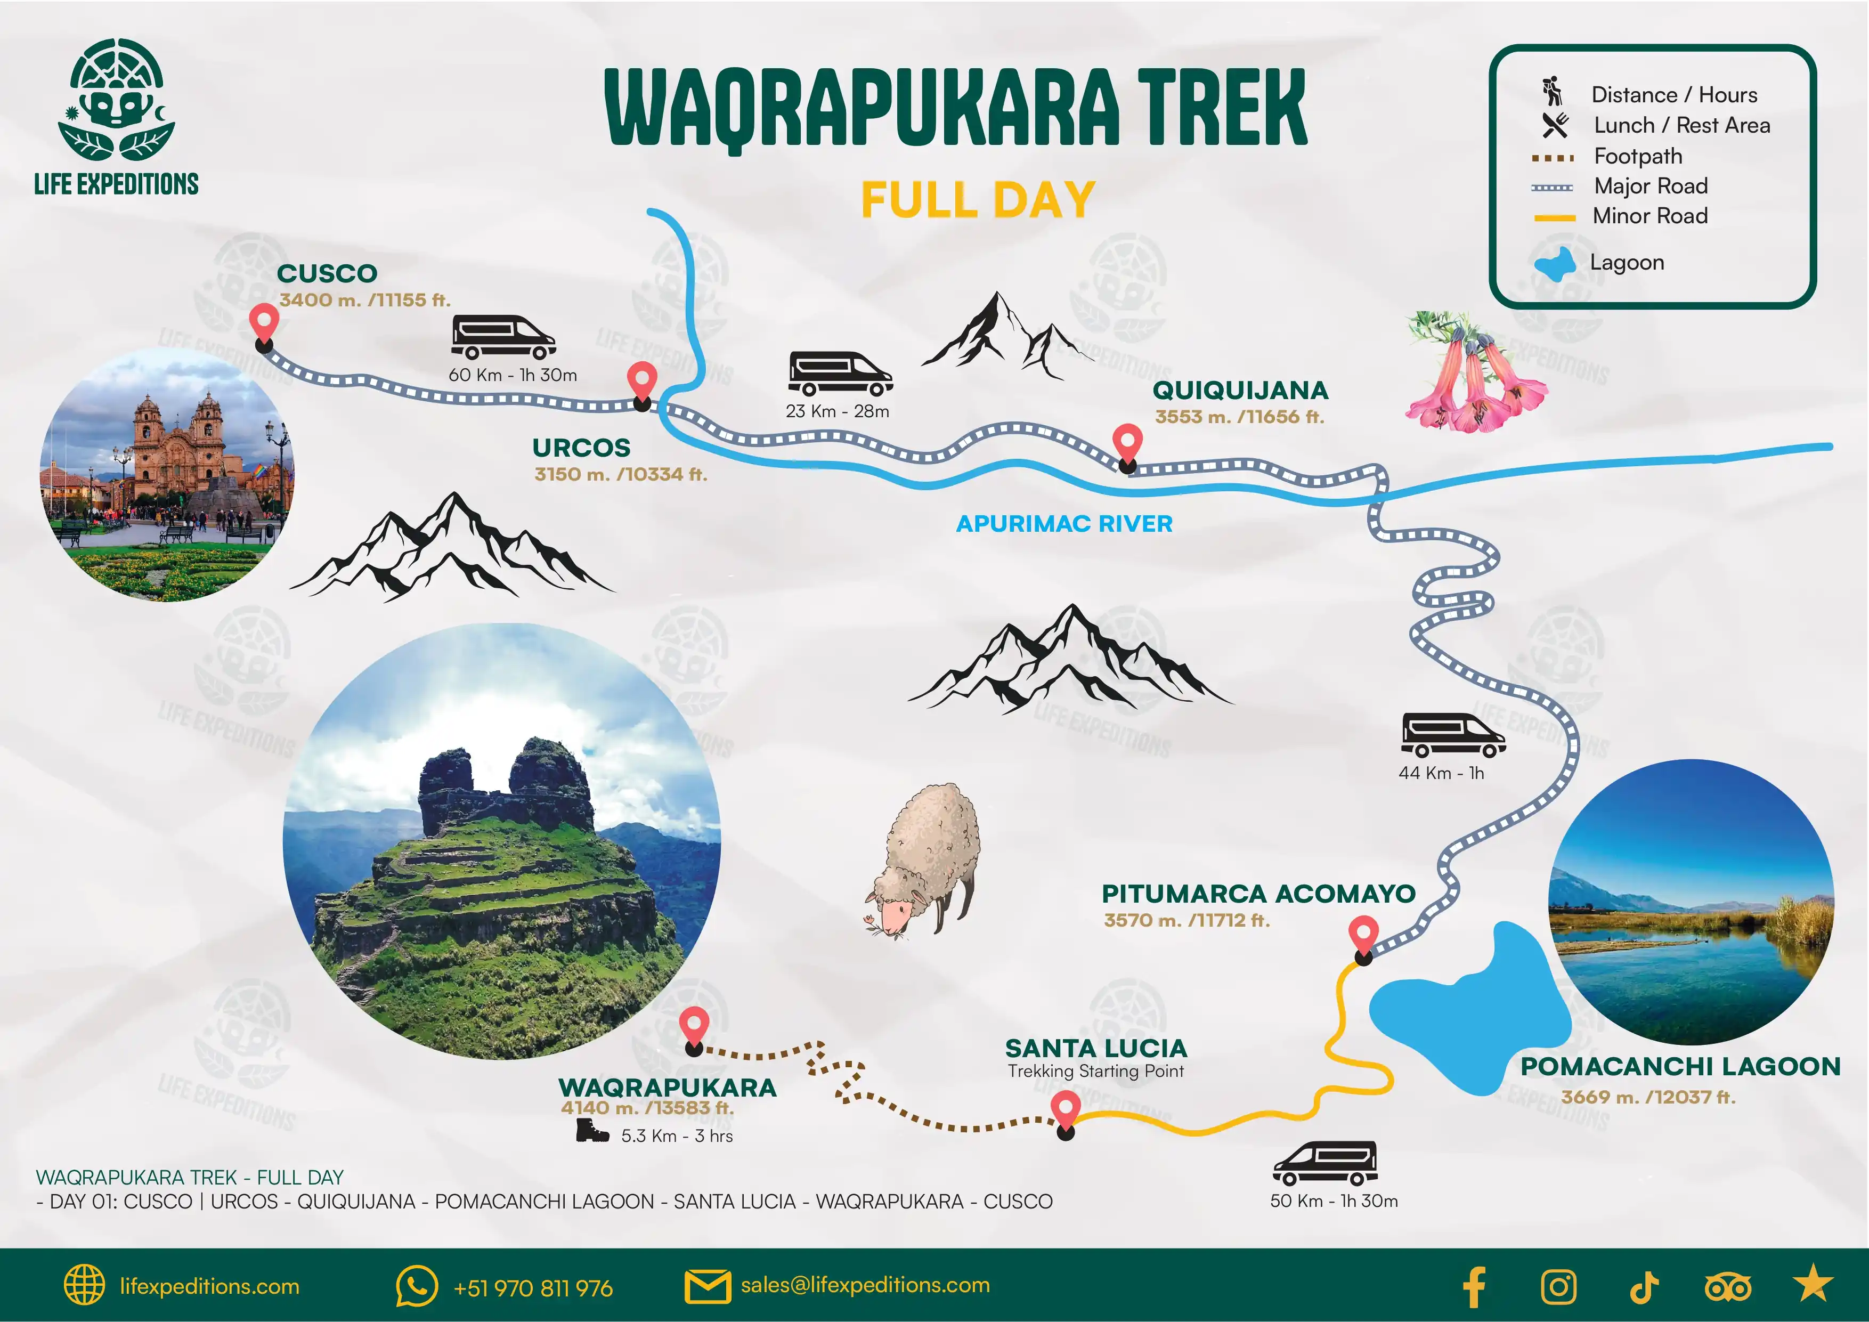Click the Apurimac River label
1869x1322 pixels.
coord(1064,523)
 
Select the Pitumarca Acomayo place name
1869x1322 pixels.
coord(1258,894)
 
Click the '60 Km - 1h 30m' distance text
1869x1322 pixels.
coord(513,375)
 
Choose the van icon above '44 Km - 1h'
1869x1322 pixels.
coord(1452,735)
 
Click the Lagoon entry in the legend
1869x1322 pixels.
coord(1627,262)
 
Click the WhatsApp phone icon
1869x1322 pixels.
coord(416,1286)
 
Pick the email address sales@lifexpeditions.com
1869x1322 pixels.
coord(865,1285)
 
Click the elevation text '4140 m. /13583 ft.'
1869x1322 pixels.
coord(647,1108)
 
